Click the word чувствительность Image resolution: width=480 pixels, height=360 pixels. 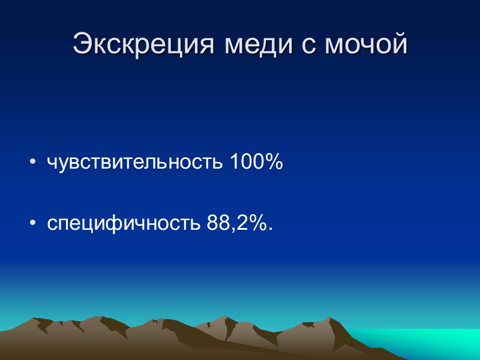(136, 163)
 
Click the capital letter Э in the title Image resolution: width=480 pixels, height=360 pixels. (82, 43)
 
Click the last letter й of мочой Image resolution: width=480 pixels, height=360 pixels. (399, 43)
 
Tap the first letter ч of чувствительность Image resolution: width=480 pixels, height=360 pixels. (52, 164)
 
